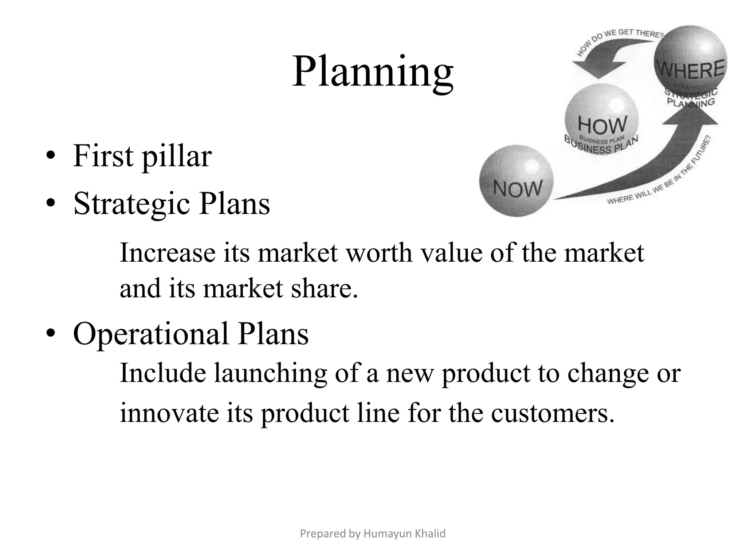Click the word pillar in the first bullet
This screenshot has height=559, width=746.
[176, 156]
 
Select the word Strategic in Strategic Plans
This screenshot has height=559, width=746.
[131, 204]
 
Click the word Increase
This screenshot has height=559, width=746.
[168, 253]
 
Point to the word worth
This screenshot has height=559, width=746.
[379, 253]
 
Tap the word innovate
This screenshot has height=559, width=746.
[169, 413]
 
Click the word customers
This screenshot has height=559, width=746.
[552, 413]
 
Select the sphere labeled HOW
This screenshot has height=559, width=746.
[601, 118]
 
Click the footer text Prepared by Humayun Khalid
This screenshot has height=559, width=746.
[373, 534]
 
